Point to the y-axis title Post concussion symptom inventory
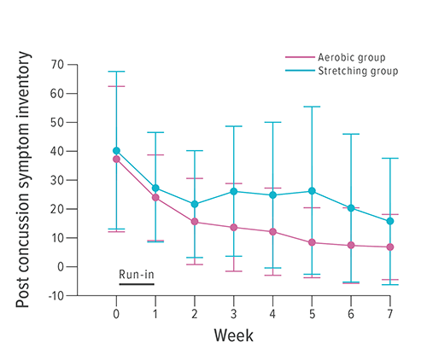tap(27, 180)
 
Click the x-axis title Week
tap(233, 334)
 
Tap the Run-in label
tap(137, 274)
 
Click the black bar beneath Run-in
tap(137, 284)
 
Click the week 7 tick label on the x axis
tap(389, 312)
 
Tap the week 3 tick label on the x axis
tap(233, 312)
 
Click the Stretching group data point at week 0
tap(116, 151)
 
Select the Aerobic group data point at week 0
tap(116, 160)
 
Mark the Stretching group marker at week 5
tap(312, 191)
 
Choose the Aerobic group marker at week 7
tap(389, 247)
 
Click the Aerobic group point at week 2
tap(195, 222)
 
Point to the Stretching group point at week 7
tap(389, 221)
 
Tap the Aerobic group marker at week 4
tap(272, 232)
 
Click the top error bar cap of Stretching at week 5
tap(312, 107)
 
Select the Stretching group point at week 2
tap(195, 204)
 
